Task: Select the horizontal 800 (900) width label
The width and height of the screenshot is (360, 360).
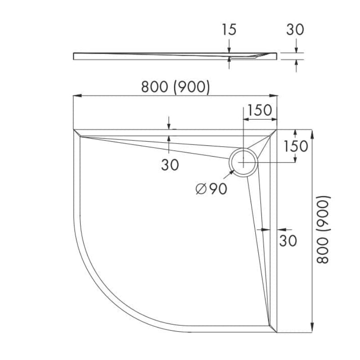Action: point(175,87)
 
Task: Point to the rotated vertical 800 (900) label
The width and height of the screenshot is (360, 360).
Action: point(324,229)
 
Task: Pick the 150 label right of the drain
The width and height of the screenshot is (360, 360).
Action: point(296,146)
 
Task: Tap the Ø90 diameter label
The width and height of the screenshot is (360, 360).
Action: point(211,189)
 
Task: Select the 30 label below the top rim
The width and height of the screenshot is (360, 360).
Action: point(170,165)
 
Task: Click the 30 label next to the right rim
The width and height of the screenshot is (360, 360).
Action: point(288,240)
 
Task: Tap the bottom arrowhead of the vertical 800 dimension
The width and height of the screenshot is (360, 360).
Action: point(312,330)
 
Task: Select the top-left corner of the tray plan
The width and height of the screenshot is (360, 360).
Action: point(73,130)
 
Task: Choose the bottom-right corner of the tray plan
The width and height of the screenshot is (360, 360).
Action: point(277,333)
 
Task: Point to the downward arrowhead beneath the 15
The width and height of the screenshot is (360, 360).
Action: point(229,50)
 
